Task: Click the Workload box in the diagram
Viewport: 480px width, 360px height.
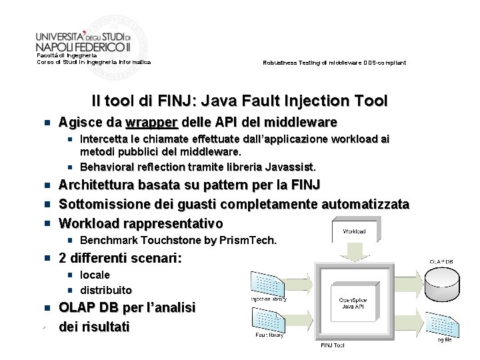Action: coord(354,231)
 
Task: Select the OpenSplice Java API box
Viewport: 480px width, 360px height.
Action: coord(353,303)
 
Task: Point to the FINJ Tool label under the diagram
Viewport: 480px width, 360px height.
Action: coord(333,345)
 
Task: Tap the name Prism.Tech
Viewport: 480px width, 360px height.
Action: coord(251,240)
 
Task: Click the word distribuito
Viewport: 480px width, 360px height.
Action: coord(106,290)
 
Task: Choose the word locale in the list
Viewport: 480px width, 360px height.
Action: coord(95,275)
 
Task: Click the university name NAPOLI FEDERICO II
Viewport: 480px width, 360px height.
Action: coord(83,47)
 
